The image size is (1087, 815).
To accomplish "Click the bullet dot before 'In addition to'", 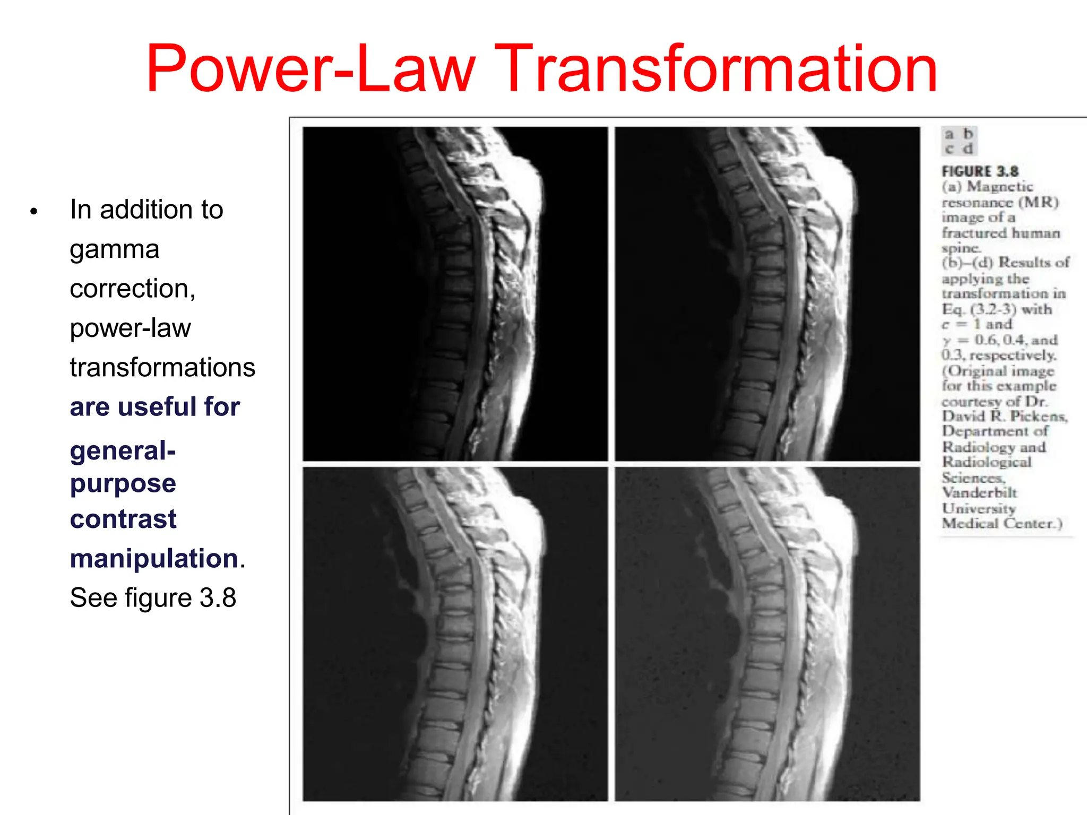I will pos(34,211).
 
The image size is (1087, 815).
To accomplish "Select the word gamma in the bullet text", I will pos(114,249).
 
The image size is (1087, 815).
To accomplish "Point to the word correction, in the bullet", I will pos(133,289).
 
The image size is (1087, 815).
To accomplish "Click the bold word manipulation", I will pos(154,558).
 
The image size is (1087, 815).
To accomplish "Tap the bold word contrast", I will pos(123,519).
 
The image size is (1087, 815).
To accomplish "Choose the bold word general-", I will pos(123,451).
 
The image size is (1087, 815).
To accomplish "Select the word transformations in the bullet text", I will pos(162,367).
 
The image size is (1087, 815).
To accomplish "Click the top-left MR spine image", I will pos(455,293).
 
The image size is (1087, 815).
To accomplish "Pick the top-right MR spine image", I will pos(767,293).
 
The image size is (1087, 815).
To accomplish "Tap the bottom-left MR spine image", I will pos(455,634).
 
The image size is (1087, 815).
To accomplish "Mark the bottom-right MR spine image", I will pos(767,634).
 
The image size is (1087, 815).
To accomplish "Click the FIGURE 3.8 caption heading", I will pos(980,171).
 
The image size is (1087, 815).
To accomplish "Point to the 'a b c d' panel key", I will pos(959,141).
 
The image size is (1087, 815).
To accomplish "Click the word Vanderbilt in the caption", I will pos(979,493).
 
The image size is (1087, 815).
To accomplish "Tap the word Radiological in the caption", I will pos(987,462).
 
